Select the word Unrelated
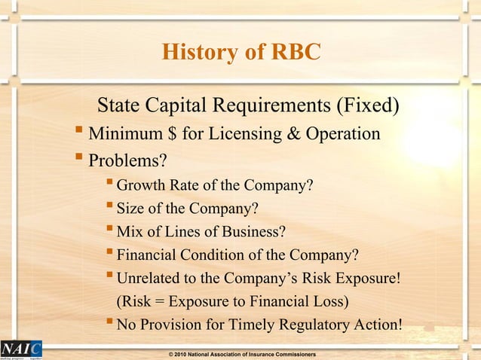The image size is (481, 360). (x=149, y=279)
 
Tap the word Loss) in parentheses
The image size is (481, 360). (x=333, y=302)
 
